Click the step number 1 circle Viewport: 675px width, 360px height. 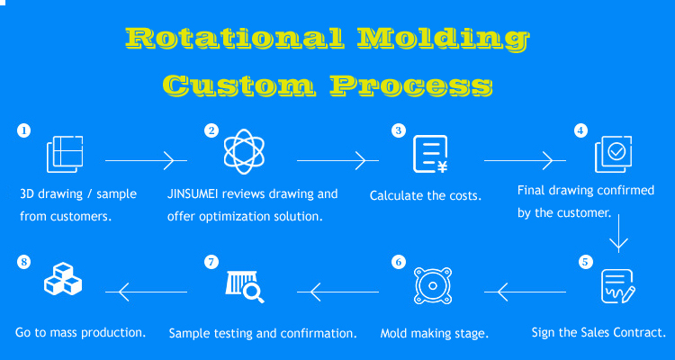tap(23, 130)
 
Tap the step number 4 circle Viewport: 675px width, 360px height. tap(580, 130)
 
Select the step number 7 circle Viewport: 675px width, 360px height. tap(211, 262)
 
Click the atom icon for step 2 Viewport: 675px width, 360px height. tap(244, 151)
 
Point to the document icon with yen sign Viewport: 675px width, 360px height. tap(430, 154)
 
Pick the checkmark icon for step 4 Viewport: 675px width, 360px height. tap(614, 154)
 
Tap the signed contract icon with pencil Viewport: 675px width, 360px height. tap(617, 286)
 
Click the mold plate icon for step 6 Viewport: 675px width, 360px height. tap(433, 286)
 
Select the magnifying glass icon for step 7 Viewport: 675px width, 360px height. tap(245, 287)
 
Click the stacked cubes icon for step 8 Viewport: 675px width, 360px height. tap(63, 279)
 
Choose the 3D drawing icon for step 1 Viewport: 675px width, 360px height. tap(65, 154)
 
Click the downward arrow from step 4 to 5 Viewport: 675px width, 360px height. tap(618, 233)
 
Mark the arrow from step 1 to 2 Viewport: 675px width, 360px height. tap(146, 160)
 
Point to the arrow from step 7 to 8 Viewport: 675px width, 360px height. tap(146, 292)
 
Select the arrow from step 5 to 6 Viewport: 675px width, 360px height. tap(526, 292)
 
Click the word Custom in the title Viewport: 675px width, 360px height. tap(238, 85)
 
